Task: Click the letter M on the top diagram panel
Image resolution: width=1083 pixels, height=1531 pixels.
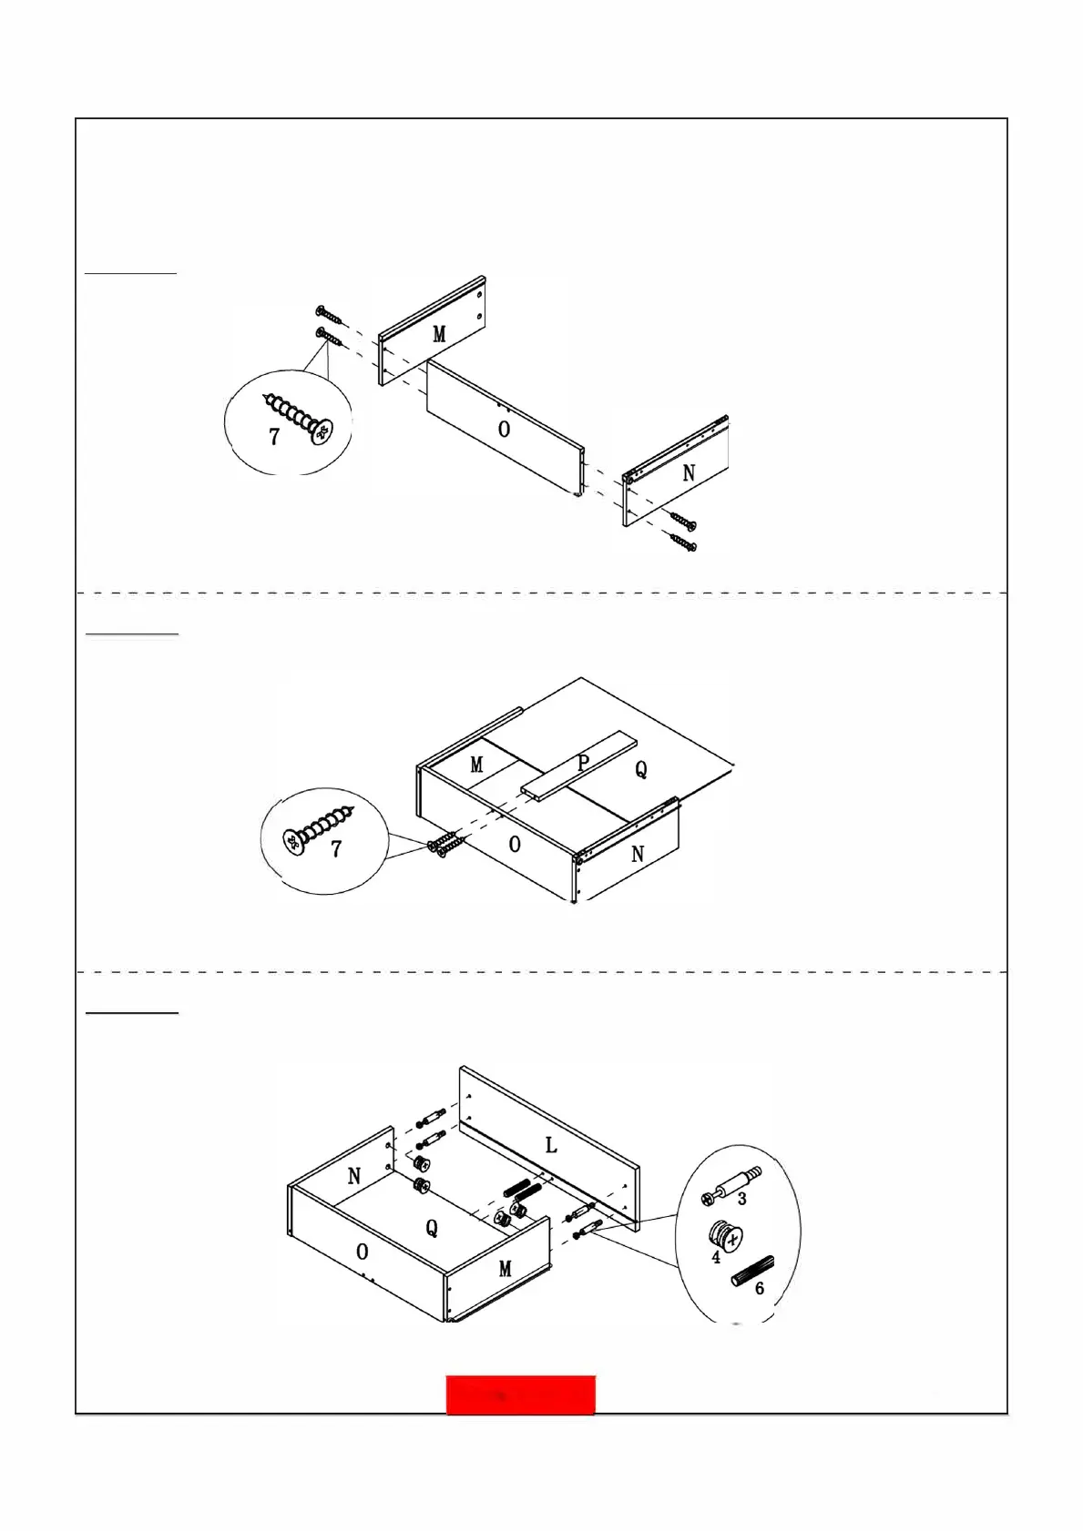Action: pyautogui.click(x=439, y=334)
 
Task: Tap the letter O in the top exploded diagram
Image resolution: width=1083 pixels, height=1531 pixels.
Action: pyautogui.click(x=505, y=429)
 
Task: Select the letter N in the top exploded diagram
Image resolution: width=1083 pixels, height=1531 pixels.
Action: pyautogui.click(x=689, y=473)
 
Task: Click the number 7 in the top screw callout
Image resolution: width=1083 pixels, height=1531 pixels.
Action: pyautogui.click(x=274, y=437)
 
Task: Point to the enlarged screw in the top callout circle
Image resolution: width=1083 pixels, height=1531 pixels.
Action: pyautogui.click(x=298, y=418)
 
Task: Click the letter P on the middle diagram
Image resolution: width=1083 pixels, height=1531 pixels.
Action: pyautogui.click(x=584, y=764)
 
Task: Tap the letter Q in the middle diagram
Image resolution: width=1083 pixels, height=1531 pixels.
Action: pyautogui.click(x=641, y=770)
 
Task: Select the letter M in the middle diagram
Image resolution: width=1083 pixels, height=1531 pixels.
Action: pyautogui.click(x=476, y=765)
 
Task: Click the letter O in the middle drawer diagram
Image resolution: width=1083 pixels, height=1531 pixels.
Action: pyautogui.click(x=515, y=845)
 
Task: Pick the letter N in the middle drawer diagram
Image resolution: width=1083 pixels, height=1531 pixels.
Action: pyautogui.click(x=638, y=854)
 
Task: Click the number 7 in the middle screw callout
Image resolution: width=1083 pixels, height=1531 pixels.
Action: pyautogui.click(x=336, y=849)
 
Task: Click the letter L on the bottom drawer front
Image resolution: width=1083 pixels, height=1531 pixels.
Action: pyautogui.click(x=551, y=1145)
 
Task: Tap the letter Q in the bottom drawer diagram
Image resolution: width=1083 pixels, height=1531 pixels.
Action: pyautogui.click(x=432, y=1228)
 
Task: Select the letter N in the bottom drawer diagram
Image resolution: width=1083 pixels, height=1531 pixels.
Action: pyautogui.click(x=354, y=1176)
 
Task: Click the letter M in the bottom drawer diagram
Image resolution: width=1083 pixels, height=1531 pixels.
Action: pyautogui.click(x=506, y=1269)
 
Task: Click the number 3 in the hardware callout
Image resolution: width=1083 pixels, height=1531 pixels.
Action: pyautogui.click(x=742, y=1200)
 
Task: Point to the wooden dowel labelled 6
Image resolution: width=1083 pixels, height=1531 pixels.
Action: pyautogui.click(x=752, y=1272)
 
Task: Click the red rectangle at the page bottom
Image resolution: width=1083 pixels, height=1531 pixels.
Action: pyautogui.click(x=520, y=1395)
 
